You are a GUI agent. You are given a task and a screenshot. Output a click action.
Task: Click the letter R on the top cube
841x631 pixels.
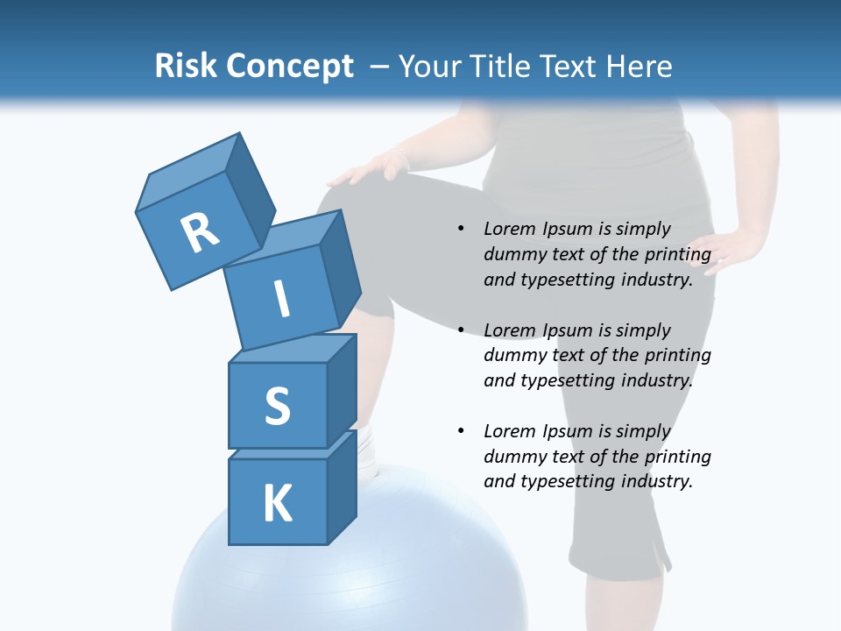coord(200,233)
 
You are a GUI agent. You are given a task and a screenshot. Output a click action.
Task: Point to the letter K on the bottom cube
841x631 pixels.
coord(277,504)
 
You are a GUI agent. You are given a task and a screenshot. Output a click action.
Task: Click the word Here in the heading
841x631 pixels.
coord(636,67)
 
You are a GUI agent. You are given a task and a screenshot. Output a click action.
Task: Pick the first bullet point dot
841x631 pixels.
coord(461,230)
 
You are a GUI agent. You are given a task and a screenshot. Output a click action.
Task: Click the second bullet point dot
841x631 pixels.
coord(461,330)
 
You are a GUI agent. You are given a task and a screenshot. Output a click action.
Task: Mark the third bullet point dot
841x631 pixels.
coord(461,431)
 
